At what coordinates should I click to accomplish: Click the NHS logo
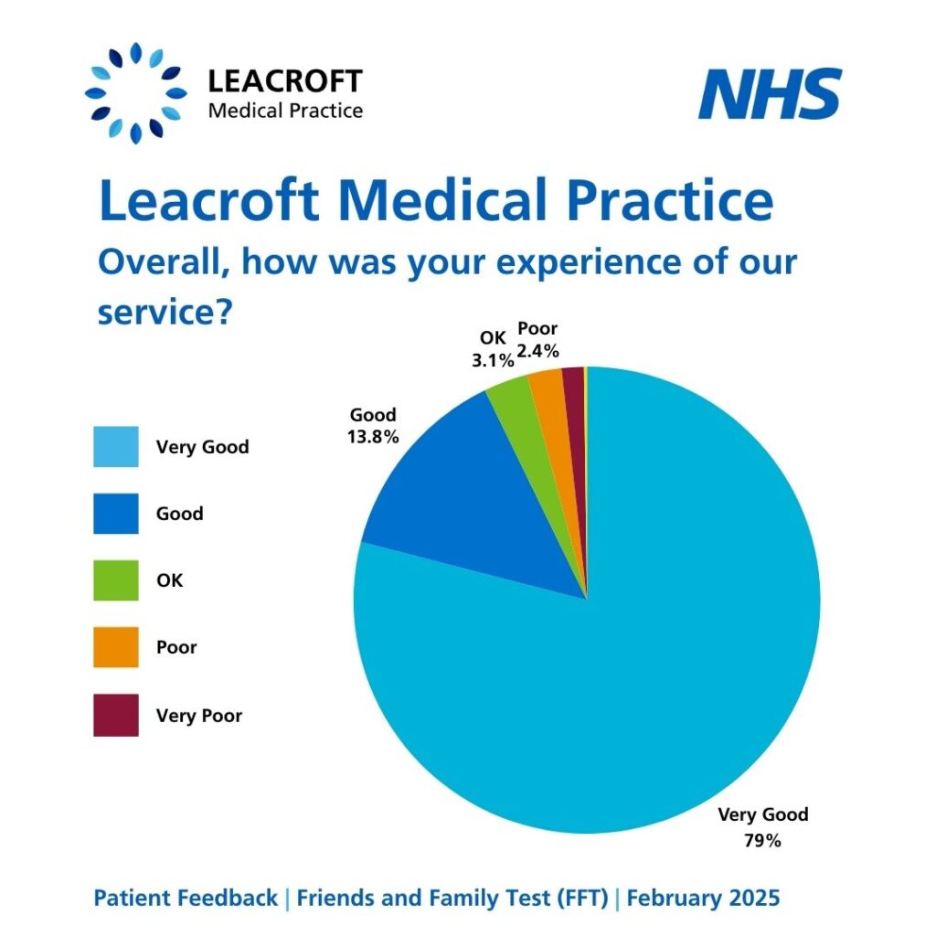770,94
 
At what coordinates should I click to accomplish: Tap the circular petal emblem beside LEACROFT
136,93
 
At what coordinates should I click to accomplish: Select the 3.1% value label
493,360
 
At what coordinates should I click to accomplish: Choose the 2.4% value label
537,350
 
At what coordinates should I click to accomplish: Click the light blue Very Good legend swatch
116,447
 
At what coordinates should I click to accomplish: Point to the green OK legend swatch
116,580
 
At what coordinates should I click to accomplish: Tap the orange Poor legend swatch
116,647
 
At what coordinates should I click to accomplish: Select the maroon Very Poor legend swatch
116,715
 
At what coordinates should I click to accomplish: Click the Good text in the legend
179,514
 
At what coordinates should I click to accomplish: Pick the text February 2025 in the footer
703,898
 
